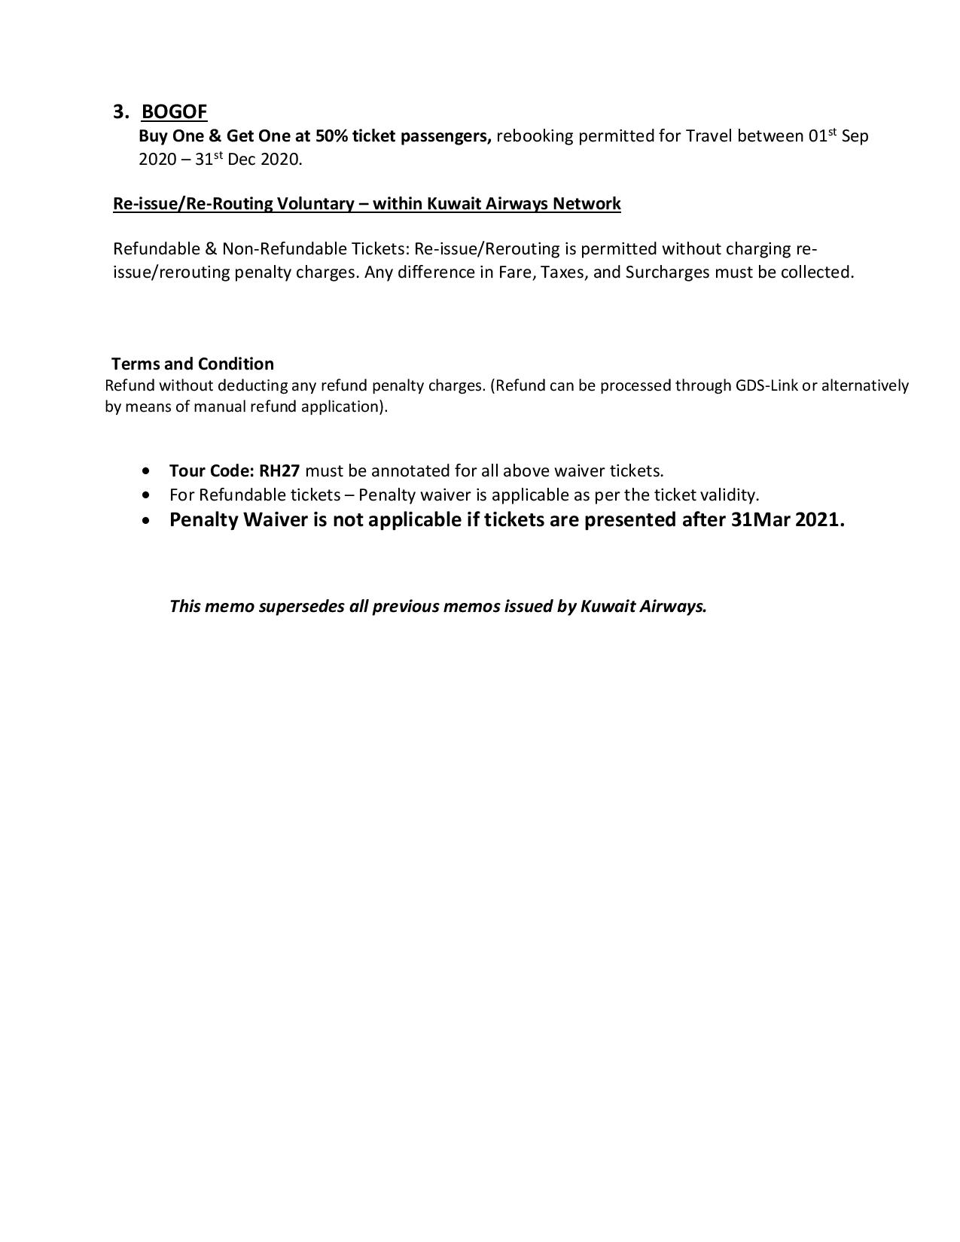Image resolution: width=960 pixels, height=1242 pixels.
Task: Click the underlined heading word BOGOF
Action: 174,111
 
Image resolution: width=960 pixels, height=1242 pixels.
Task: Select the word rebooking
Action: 535,136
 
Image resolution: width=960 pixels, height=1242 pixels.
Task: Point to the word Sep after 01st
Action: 855,136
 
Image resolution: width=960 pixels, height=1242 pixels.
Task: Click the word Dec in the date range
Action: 242,160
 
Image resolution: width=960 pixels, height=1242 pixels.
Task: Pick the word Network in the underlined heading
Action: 587,204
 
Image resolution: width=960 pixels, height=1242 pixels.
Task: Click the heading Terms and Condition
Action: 193,364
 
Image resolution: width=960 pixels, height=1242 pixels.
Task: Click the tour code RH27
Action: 279,471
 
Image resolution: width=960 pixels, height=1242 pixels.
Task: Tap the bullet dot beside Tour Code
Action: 145,471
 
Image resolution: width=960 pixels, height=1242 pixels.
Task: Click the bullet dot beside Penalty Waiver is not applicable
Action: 145,520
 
